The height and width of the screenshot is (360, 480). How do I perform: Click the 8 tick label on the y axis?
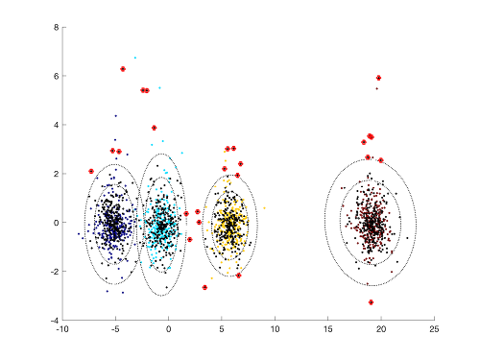(57, 27)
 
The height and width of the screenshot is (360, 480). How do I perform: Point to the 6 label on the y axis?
(57, 76)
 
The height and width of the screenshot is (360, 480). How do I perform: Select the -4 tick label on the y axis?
(55, 320)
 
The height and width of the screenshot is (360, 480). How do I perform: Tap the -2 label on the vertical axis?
(55, 272)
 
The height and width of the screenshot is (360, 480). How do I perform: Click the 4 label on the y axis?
(57, 125)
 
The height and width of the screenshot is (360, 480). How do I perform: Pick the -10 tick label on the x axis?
(62, 329)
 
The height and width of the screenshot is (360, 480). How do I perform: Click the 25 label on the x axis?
(434, 329)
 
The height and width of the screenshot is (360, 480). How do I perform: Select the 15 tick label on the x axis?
(328, 329)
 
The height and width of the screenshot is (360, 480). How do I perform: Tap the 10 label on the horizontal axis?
(275, 329)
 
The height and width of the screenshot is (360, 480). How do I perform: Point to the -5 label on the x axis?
(115, 329)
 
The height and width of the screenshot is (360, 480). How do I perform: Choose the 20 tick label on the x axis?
(381, 329)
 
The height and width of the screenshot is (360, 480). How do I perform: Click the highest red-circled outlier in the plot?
(123, 69)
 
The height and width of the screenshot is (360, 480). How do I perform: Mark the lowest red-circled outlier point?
(371, 302)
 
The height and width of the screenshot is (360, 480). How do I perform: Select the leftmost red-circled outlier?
(91, 172)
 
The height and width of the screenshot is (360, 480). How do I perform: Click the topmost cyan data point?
(135, 58)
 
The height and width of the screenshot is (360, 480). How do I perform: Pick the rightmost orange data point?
(264, 208)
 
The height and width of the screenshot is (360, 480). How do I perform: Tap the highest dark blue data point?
(116, 116)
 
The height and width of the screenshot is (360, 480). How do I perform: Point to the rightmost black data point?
(407, 238)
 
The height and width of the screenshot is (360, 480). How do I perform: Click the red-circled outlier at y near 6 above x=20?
(378, 78)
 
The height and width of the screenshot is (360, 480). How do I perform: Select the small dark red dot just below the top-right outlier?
(376, 88)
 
